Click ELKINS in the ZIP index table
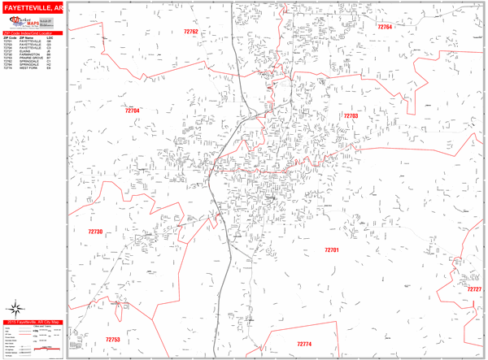point(23,50)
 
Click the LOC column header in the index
point(50,37)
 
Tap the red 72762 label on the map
point(191,31)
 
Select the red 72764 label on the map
point(385,27)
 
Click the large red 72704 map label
point(133,111)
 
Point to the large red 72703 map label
point(350,116)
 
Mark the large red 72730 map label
point(96,232)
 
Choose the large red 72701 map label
point(330,250)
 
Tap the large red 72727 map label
point(473,289)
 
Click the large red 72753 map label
point(113,340)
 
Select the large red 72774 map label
point(304,344)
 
